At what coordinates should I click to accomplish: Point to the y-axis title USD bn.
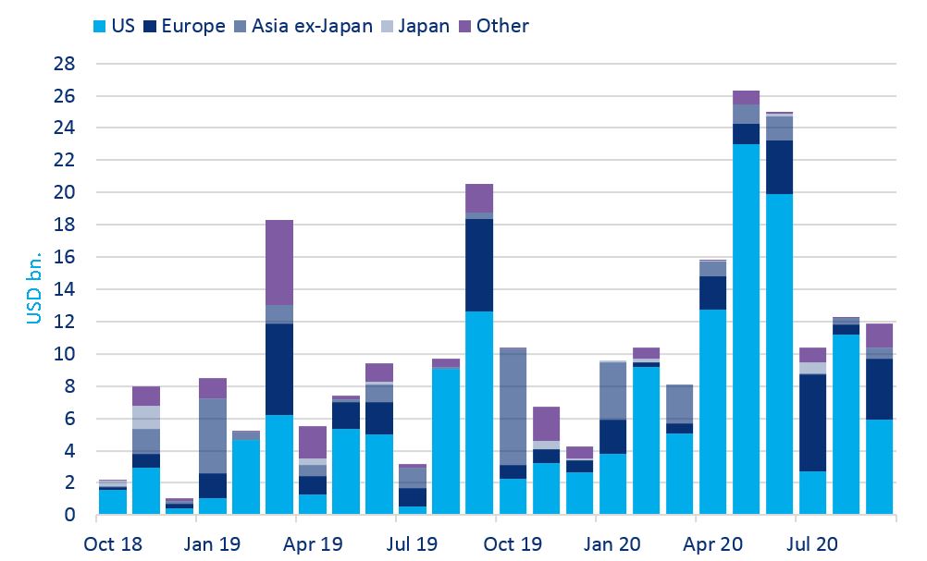pyautogui.click(x=34, y=289)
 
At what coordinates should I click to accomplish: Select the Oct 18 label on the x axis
pyautogui.click(x=112, y=543)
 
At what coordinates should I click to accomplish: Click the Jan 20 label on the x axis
pyautogui.click(x=612, y=543)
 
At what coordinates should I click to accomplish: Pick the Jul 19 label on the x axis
pyautogui.click(x=413, y=543)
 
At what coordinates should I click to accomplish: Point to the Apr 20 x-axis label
pyautogui.click(x=713, y=543)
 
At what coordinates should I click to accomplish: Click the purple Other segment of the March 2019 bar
pyautogui.click(x=279, y=262)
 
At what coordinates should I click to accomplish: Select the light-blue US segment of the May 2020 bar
pyautogui.click(x=746, y=329)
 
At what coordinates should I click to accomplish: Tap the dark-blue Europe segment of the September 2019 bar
pyautogui.click(x=479, y=265)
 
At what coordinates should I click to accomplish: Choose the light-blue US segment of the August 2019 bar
pyautogui.click(x=446, y=441)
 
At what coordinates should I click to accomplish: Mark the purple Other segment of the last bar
pyautogui.click(x=880, y=335)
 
